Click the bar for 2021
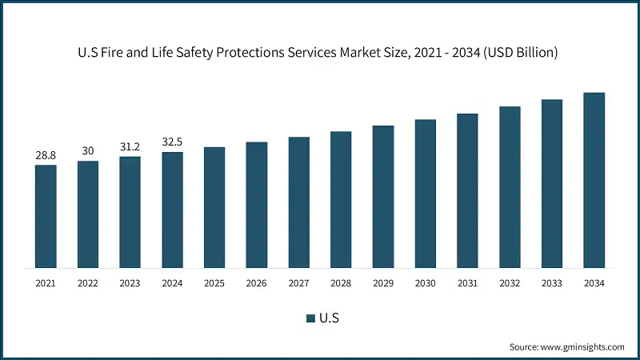46,216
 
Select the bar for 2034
594,180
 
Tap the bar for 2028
341,199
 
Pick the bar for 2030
425,194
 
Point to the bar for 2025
214,207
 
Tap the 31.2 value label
130,147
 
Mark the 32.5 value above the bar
172,142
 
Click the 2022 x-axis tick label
88,283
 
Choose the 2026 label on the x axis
256,283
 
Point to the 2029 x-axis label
382,283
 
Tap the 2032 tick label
509,283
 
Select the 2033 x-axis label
551,283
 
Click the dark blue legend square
311,318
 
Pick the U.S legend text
330,318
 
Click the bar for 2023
130,212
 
